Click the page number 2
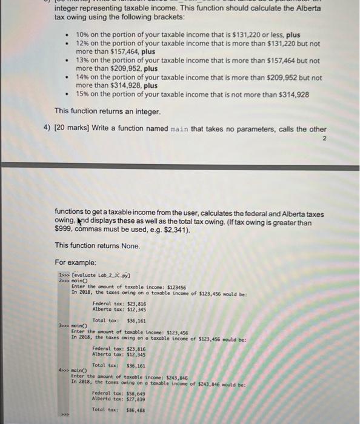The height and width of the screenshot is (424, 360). [x=324, y=139]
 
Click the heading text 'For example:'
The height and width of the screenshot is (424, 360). [x=76, y=263]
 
